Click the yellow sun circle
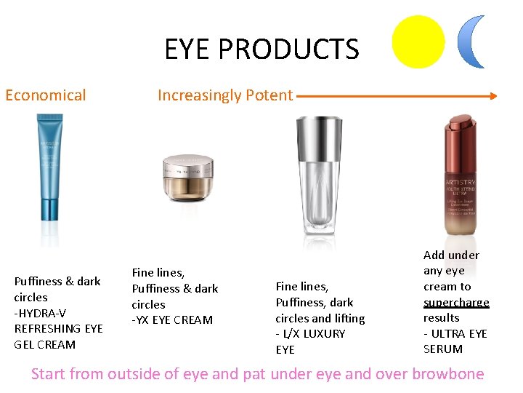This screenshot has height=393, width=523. (418, 42)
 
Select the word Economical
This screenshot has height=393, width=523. (45, 95)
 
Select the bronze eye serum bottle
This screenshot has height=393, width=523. (460, 175)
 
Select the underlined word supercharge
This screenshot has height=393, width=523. (456, 302)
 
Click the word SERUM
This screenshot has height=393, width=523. (443, 349)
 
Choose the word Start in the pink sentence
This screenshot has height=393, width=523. (49, 374)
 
